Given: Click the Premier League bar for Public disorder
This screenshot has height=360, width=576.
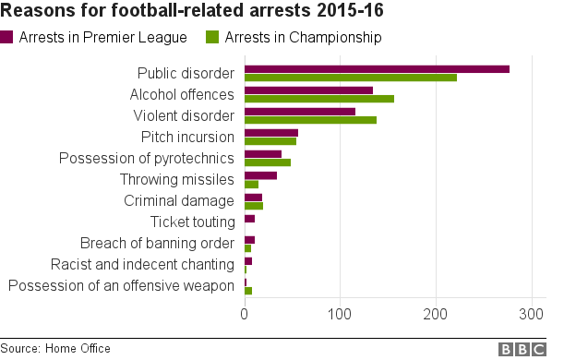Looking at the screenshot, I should click(377, 69).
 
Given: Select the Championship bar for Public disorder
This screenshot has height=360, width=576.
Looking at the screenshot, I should click(351, 78).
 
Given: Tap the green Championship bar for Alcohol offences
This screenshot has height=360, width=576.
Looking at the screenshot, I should click(318, 99).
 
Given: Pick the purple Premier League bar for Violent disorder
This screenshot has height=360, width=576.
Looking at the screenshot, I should click(299, 112).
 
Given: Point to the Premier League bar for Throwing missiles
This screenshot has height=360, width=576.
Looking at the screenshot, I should click(260, 175).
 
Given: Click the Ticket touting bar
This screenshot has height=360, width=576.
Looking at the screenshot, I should click(249, 218).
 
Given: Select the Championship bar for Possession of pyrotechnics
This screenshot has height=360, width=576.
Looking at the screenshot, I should click(268, 162).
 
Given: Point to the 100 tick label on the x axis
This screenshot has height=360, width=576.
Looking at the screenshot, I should click(341, 314).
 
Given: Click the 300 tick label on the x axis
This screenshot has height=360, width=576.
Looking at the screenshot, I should click(532, 314).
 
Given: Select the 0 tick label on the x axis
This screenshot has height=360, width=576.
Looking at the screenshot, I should click(245, 314).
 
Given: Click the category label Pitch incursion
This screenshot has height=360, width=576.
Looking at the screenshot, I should click(187, 137).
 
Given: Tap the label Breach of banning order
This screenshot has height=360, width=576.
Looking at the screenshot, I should click(157, 244).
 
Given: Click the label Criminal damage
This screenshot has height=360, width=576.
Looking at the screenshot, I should click(179, 200).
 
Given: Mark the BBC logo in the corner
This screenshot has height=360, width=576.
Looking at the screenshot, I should click(522, 349).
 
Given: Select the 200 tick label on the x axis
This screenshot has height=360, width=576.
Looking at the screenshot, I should click(437, 314).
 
